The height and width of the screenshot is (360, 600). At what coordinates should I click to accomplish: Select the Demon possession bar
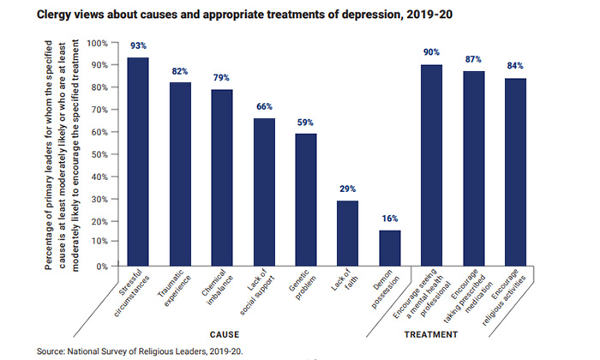(x=390, y=248)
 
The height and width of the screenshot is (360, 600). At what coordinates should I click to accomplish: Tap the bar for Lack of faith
(x=348, y=233)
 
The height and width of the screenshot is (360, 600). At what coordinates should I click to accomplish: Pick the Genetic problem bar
(x=306, y=200)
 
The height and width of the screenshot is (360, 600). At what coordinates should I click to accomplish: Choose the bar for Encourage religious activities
(x=516, y=171)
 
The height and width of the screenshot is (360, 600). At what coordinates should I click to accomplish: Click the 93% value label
(x=138, y=45)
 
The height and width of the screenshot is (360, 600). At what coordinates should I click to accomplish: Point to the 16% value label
(x=390, y=218)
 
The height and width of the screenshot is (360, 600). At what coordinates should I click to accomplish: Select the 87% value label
(x=474, y=59)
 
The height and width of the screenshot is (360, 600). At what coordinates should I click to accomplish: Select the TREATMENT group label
(x=431, y=333)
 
